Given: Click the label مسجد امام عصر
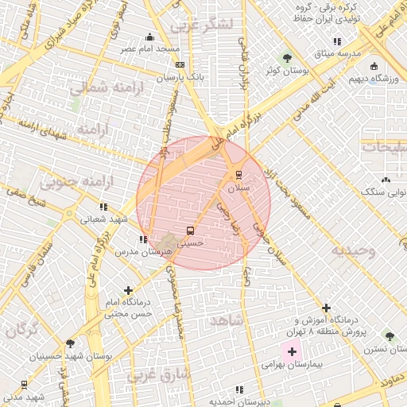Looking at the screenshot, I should click(149, 48).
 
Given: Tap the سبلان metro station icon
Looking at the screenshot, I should click(238, 176).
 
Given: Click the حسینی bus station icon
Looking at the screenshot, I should click(189, 231).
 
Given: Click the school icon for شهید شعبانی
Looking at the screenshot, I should click(104, 207).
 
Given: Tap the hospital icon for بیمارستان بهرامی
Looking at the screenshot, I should click(292, 351).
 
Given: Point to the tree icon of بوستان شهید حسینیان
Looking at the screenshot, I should click(70, 344).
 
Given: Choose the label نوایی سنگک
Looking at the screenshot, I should click(383, 192).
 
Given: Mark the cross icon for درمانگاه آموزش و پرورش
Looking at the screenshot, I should click(326, 308).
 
